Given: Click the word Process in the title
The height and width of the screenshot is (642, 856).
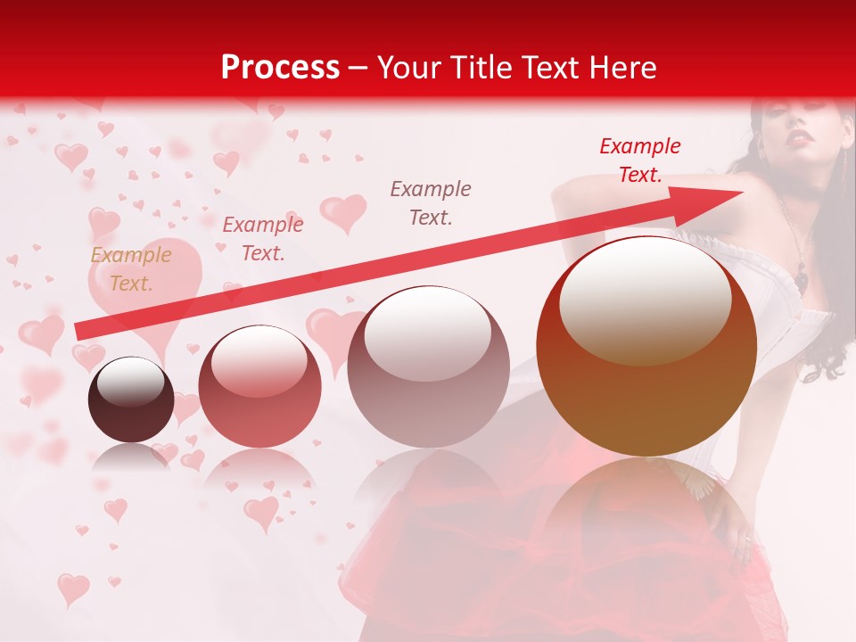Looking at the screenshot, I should [280, 68].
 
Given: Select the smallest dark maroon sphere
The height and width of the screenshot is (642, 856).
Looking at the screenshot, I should [131, 399].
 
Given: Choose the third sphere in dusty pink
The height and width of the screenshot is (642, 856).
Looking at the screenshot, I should [428, 366].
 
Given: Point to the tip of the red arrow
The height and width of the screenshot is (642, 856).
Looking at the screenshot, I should [742, 192].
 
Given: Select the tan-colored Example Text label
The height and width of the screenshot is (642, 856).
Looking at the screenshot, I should [131, 269].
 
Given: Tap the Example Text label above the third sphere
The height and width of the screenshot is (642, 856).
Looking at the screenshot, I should [431, 202].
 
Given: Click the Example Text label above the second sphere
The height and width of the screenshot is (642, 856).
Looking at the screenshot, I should [262, 239].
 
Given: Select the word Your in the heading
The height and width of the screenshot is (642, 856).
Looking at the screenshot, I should [407, 68].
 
